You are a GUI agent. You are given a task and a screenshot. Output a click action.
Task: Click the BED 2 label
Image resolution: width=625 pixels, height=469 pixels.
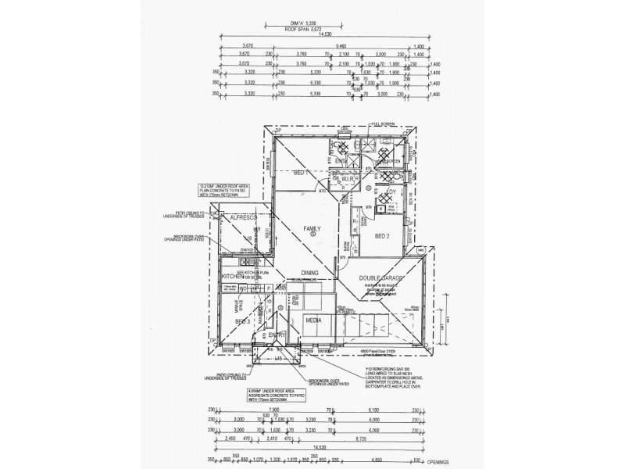point(382,235)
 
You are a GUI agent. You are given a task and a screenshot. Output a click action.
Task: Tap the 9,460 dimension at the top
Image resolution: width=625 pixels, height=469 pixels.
point(341,45)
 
